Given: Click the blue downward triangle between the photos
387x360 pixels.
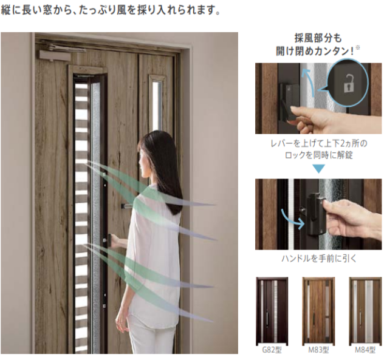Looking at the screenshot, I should [318, 169].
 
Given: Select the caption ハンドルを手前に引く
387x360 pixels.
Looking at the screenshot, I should [318, 258].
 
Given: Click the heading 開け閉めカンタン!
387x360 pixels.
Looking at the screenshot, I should [318, 50].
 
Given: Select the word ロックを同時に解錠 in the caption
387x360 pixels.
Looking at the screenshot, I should [318, 155].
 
